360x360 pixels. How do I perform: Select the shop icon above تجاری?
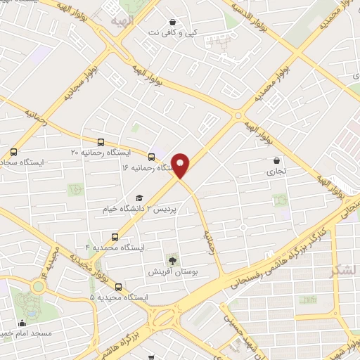[x=276, y=160]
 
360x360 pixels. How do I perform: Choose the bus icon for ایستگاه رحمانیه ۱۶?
[x=151, y=156]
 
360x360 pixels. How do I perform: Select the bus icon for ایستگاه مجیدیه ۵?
[x=118, y=287]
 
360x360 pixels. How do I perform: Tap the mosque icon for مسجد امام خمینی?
[x=22, y=322]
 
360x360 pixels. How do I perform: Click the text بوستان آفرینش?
[x=168, y=271]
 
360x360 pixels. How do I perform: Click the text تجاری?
[x=272, y=171]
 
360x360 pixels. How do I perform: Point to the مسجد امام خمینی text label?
[x=27, y=333]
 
